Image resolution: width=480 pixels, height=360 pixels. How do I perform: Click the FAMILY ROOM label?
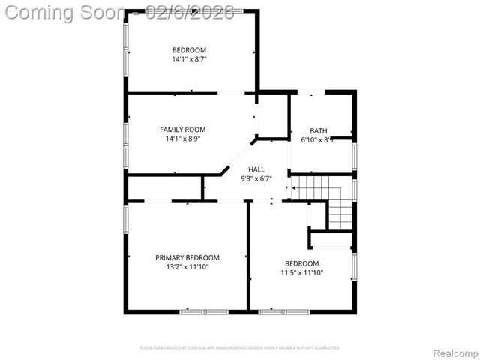pos(183,130)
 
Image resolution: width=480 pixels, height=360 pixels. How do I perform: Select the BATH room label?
pos(319,130)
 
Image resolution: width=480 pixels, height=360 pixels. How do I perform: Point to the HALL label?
pos(256,169)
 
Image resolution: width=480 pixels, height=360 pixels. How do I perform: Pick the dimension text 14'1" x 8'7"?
pos(189,58)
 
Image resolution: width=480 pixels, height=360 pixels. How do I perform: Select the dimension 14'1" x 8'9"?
pos(183,139)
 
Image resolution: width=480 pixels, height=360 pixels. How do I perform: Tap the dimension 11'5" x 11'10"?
pos(301,272)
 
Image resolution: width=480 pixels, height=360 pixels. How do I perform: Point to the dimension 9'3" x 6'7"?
pos(256,178)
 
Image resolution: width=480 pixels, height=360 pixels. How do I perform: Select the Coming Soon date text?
pos(120,13)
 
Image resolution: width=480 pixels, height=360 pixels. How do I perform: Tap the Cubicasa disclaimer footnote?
pos(240,348)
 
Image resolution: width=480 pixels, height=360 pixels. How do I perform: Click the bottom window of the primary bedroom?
pos(203,311)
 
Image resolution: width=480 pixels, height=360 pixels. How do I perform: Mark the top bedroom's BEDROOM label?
pos(189,49)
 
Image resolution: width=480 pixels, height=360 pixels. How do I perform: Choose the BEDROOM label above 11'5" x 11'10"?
pos(301,263)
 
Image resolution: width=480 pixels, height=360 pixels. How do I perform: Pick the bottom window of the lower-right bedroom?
pos(284,311)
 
